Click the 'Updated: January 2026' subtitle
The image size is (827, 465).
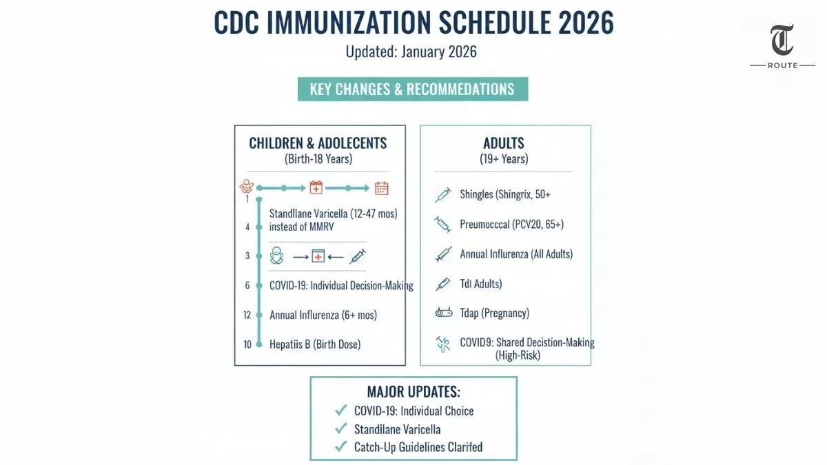(x=411, y=52)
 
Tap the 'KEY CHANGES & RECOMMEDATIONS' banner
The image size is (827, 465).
(x=412, y=90)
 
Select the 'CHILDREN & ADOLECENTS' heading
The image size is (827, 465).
(x=318, y=143)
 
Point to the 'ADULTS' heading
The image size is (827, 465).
(x=504, y=143)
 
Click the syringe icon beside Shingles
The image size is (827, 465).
(x=442, y=195)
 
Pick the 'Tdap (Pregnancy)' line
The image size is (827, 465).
(x=494, y=313)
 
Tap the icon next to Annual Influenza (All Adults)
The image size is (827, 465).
(x=442, y=254)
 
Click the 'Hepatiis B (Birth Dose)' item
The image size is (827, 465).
(x=314, y=344)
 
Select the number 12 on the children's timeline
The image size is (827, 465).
(x=247, y=315)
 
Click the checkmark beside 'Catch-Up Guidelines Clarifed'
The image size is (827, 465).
(x=340, y=446)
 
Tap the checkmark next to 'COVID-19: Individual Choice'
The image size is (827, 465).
(x=340, y=411)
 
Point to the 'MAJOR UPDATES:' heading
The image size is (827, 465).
(x=413, y=392)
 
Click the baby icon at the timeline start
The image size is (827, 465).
(x=246, y=187)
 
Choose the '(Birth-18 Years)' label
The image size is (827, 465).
(x=318, y=159)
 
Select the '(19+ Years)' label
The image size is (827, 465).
(x=504, y=159)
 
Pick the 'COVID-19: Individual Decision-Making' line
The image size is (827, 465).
(x=341, y=285)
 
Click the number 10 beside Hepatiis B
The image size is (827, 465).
(x=247, y=344)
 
